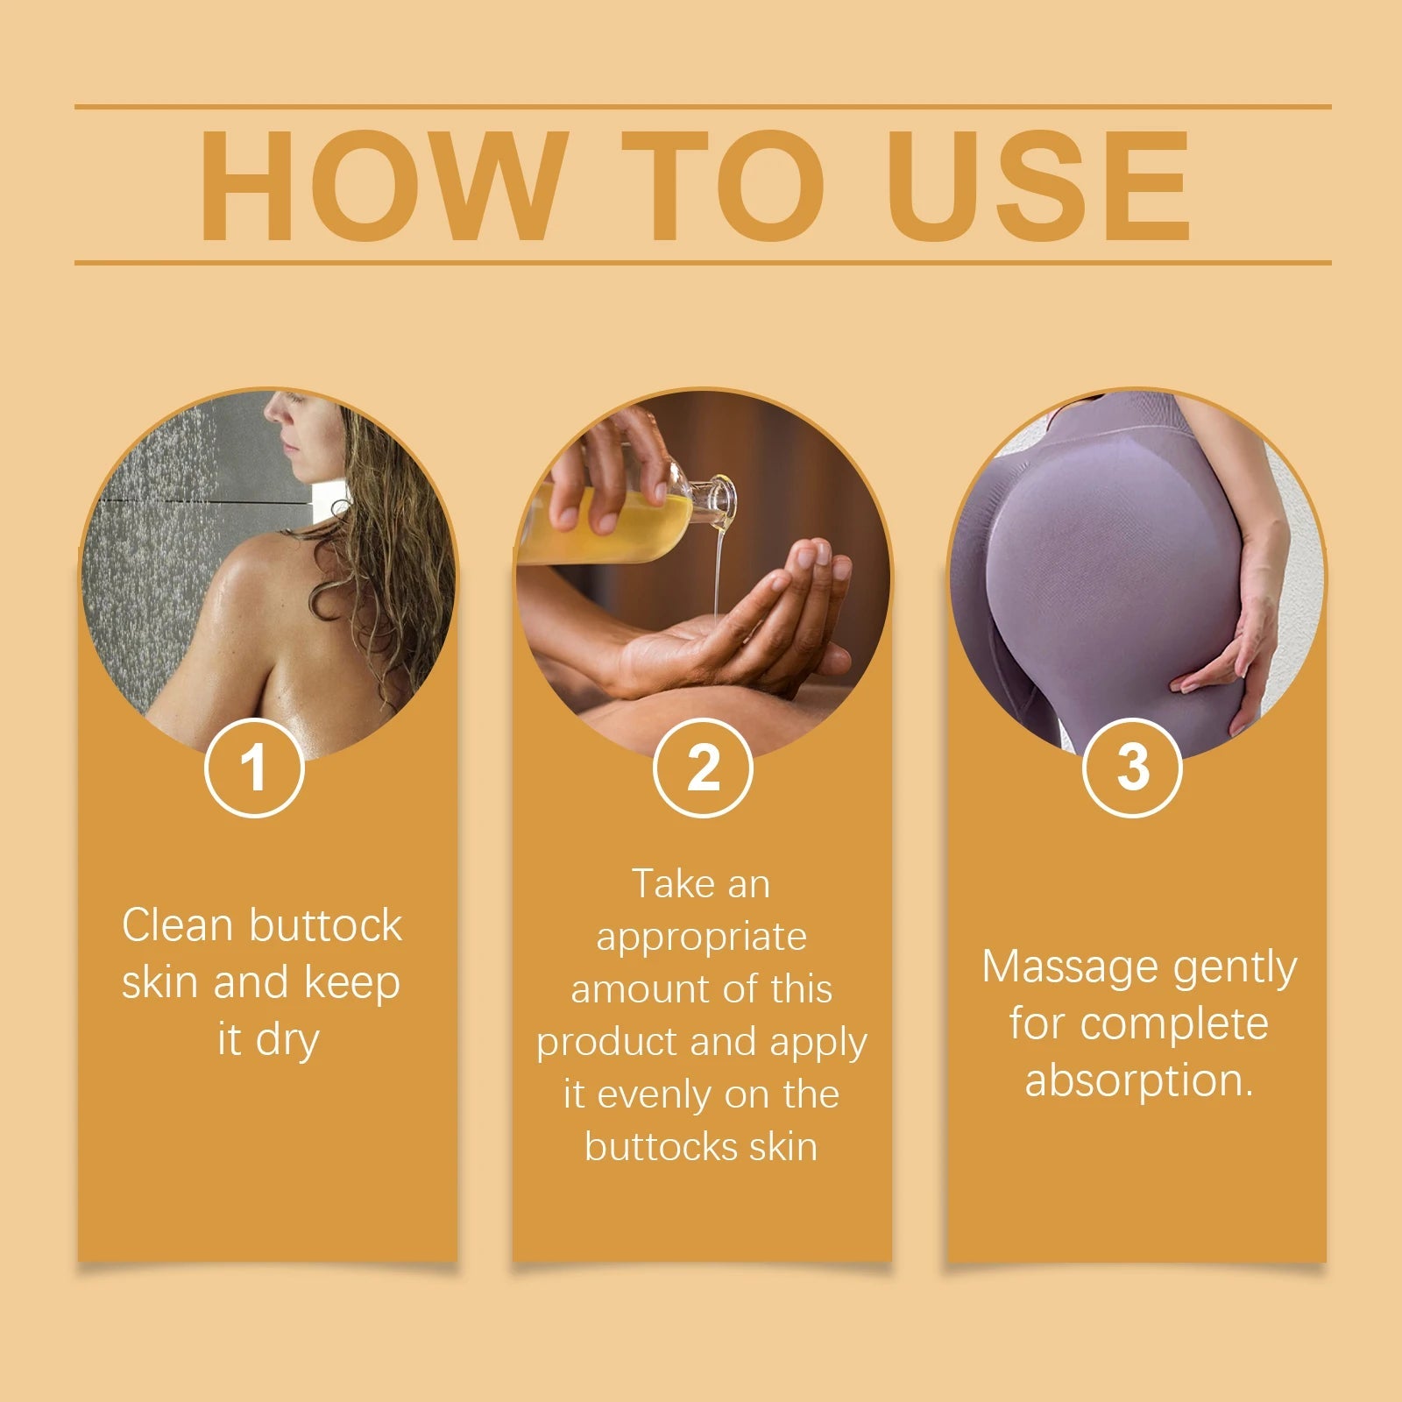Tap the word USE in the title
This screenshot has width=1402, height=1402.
tap(1038, 186)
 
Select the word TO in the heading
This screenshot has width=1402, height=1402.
tap(723, 186)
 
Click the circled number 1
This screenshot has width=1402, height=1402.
tap(254, 768)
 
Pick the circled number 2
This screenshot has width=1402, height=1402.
tap(703, 768)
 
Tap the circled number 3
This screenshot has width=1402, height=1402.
tap(1132, 768)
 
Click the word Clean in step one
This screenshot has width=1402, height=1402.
tap(178, 925)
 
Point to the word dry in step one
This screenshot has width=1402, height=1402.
tap(287, 1040)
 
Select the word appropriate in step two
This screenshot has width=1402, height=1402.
tap(701, 938)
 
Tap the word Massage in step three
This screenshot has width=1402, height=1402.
tap(1069, 967)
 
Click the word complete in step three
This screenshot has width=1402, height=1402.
tap(1174, 1023)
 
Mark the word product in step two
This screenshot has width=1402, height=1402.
tap(606, 1043)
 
